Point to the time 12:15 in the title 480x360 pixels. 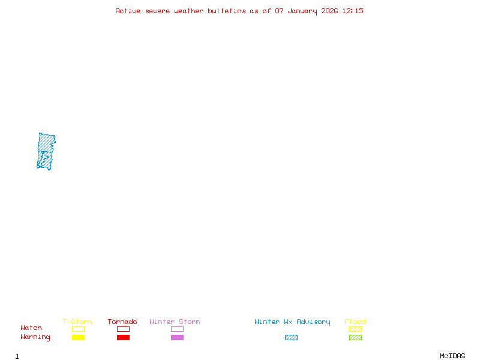coord(353,11)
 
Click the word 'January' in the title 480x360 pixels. coord(302,11)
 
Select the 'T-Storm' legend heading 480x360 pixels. coord(77,322)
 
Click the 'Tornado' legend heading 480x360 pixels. coord(122,322)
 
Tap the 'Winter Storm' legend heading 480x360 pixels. coord(175,322)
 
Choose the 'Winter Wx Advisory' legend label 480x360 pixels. coord(292,322)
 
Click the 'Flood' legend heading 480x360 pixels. coord(355,322)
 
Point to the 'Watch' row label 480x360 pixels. coord(31,328)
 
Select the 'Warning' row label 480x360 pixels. coord(35,337)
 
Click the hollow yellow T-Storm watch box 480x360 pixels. coord(79,326)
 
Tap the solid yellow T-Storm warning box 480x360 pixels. coord(79,337)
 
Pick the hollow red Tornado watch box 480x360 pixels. coord(124,326)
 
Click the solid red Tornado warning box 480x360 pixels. coord(124,337)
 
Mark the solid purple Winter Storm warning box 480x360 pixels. coord(177,337)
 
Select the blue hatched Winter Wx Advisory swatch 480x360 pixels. coord(291,337)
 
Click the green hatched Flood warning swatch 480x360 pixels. coord(355,337)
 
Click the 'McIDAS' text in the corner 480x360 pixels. coord(452,356)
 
